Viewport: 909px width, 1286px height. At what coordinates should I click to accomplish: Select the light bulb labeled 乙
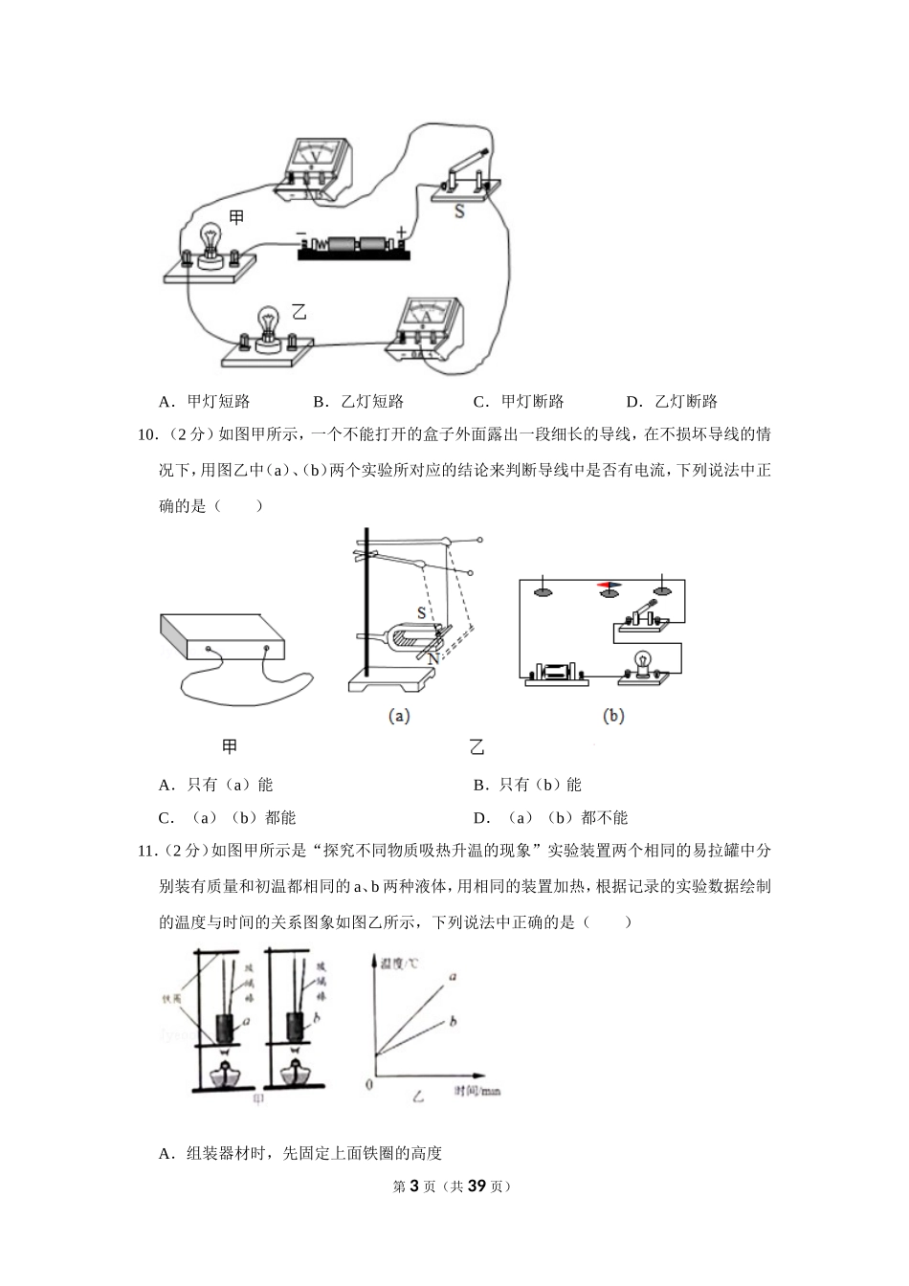[268, 331]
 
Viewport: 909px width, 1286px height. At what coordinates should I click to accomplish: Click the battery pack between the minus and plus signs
[354, 247]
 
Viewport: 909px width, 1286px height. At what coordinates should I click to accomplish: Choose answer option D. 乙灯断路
[671, 401]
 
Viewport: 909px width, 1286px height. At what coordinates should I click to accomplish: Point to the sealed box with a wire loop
[222, 641]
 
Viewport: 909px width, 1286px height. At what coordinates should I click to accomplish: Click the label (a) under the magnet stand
[399, 715]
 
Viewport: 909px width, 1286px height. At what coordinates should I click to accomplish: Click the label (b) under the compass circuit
[613, 715]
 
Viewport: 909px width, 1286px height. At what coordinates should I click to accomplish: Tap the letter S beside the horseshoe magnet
[421, 611]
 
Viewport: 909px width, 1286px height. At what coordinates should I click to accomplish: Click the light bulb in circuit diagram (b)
[644, 662]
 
